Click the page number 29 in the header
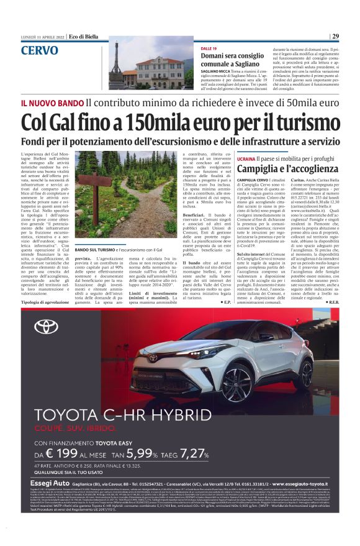tap(335, 36)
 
